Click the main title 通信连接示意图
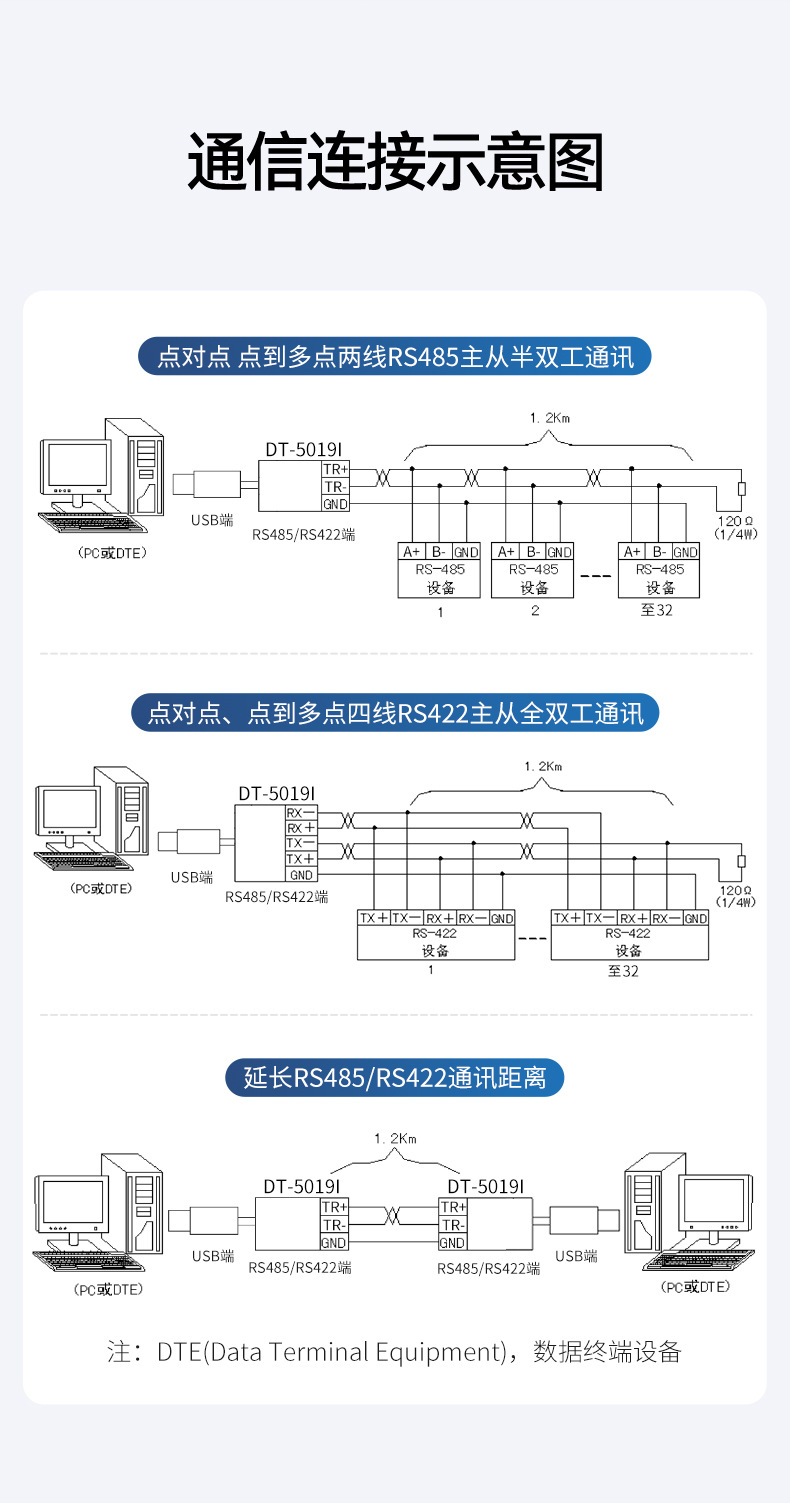tap(395, 163)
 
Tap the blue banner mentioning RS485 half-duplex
tap(395, 356)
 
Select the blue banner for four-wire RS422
tap(395, 713)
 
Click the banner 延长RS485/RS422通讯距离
tap(395, 1078)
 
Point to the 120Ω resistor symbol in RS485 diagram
tap(740, 489)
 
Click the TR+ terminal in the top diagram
tap(334, 469)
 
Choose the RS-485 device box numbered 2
tap(534, 570)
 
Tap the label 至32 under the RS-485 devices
tap(657, 610)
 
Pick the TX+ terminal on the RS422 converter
tap(301, 859)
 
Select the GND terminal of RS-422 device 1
tap(501, 918)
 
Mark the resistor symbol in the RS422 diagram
tap(740, 861)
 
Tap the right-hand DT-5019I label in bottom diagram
tap(485, 1186)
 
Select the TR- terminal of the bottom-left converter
tap(333, 1225)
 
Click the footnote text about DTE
tap(395, 1352)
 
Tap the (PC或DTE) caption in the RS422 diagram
tap(100, 888)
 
